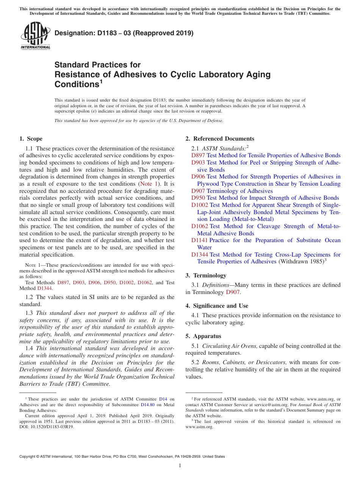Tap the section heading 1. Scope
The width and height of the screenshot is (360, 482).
pos(31,139)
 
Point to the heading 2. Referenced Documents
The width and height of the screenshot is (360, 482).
pos(220,139)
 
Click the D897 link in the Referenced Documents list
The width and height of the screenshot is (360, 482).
pos(198,155)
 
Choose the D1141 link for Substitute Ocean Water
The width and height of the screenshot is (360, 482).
pos(200,240)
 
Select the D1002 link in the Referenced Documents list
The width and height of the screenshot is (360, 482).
pos(200,205)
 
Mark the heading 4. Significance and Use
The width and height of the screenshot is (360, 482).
pos(217,306)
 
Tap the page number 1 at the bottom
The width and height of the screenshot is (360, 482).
pos(180,466)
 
